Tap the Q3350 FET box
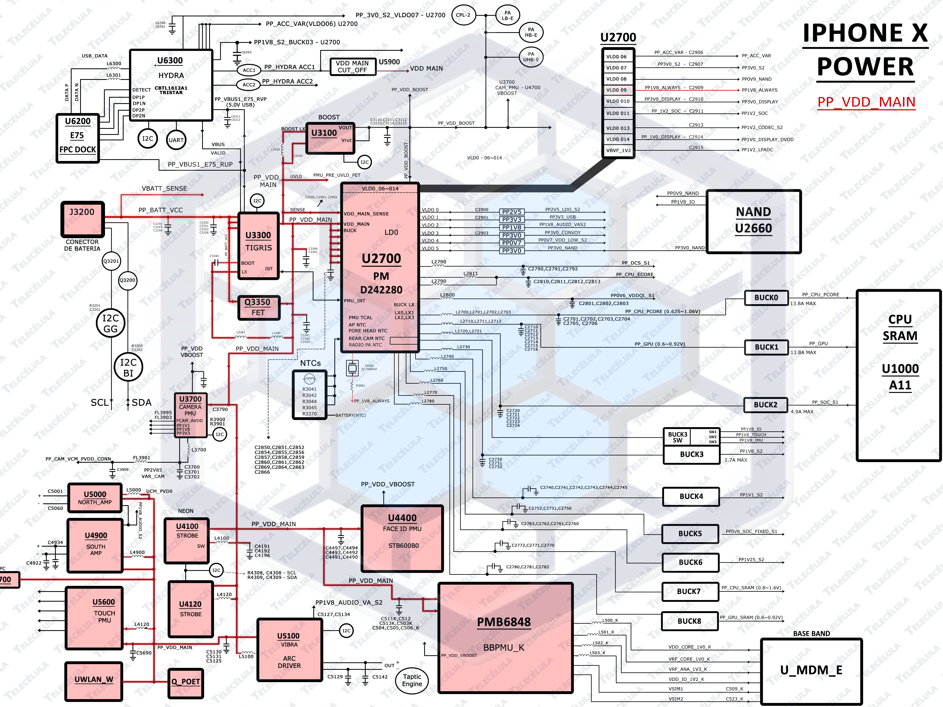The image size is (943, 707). pos(258,307)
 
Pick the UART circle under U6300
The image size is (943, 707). pos(176,140)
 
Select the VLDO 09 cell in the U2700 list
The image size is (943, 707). pos(617,90)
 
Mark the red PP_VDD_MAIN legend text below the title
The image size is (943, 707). pos(866,102)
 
